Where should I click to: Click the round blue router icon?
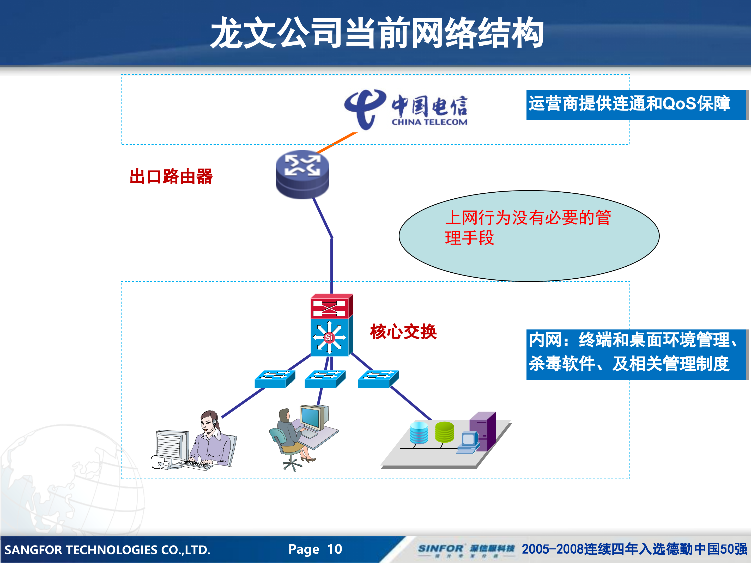point(302,174)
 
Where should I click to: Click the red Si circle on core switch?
point(329,337)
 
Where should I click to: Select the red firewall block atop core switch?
point(331,307)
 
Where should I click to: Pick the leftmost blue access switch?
point(274,379)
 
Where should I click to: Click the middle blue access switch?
point(325,379)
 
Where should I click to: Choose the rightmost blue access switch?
point(378,379)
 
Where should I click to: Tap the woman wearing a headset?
point(210,438)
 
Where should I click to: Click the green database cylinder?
point(444,432)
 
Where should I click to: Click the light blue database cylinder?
point(419,432)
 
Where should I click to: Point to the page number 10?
point(334,549)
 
